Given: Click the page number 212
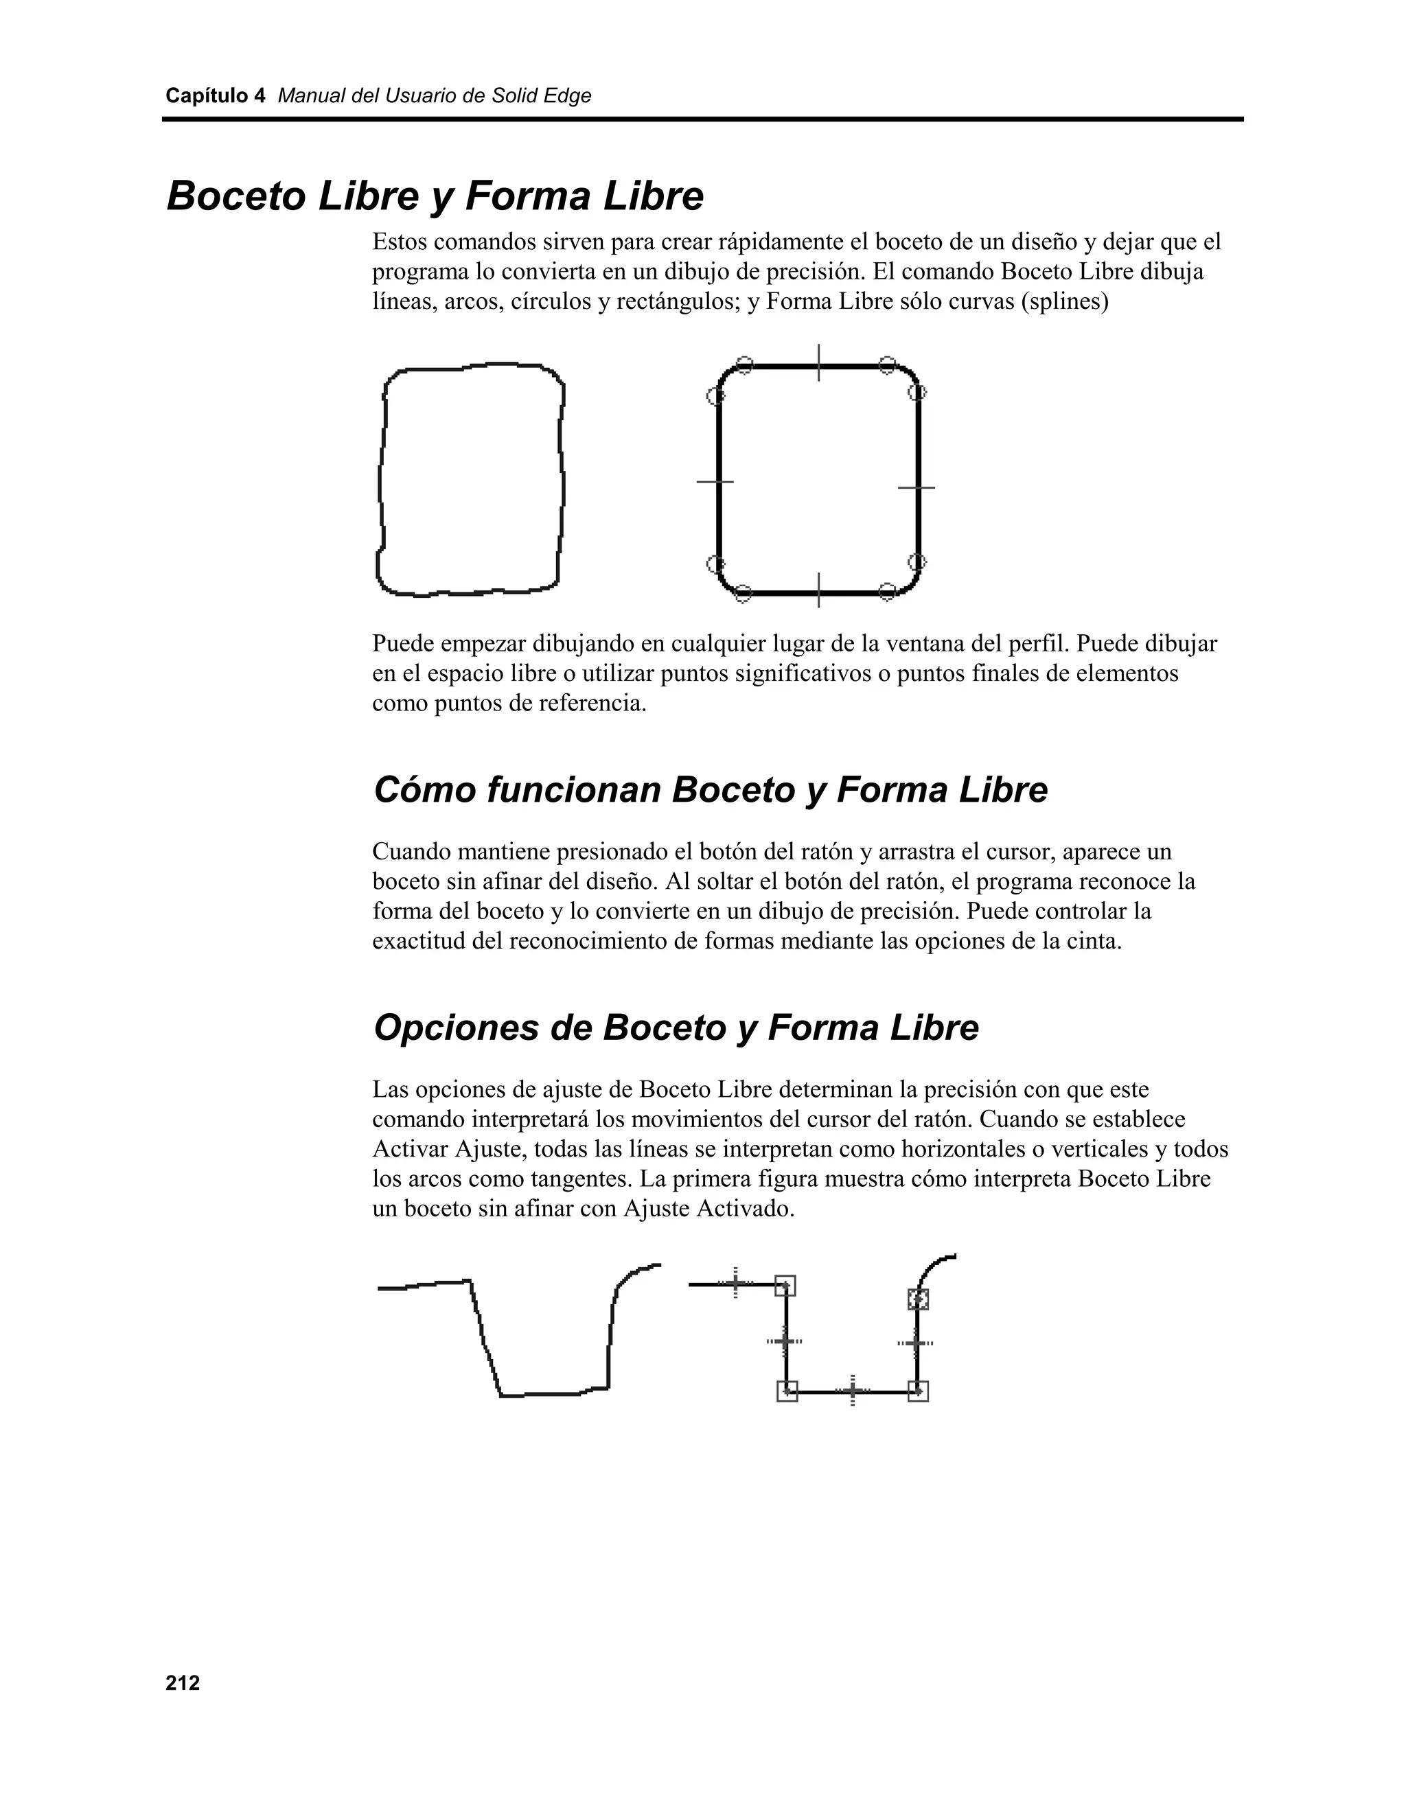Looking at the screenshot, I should coord(183,1683).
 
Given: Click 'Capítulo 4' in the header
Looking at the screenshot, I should coord(215,96).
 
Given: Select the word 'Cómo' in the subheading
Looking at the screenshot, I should coord(424,789).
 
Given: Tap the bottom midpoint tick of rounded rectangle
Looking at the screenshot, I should coord(819,591).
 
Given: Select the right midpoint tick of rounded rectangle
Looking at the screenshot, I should coord(917,487).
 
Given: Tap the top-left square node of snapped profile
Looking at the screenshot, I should coord(785,1285).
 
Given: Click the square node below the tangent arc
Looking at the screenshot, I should coord(918,1299).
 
